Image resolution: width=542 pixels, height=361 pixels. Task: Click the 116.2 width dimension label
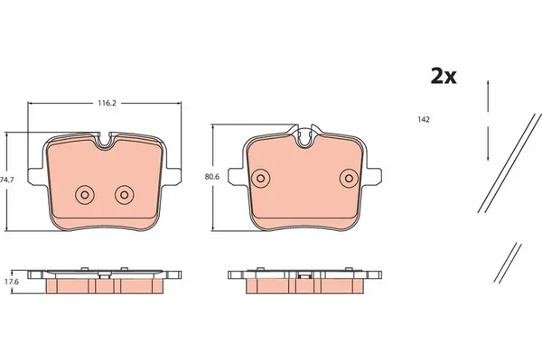[107, 103]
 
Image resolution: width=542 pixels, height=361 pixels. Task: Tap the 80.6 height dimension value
[212, 177]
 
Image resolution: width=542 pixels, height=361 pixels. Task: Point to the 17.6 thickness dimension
[12, 282]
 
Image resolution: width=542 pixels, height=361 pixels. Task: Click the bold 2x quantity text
[444, 77]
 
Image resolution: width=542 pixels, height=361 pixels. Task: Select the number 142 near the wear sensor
[424, 119]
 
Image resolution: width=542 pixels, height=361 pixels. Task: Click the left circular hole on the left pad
[85, 195]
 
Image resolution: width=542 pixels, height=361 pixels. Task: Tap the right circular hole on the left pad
[125, 195]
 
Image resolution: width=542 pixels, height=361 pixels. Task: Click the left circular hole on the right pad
[261, 179]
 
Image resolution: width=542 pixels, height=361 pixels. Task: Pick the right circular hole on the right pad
[349, 179]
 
